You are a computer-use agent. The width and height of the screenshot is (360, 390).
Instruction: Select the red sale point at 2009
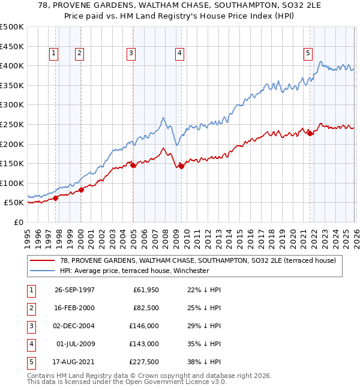click(x=180, y=166)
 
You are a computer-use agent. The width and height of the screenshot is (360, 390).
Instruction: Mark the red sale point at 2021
click(x=310, y=133)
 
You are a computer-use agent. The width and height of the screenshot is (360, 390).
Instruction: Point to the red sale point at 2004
click(x=133, y=165)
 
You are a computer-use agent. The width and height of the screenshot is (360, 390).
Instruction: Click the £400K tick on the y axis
click(x=12, y=65)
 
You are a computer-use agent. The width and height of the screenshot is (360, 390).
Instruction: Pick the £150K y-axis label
click(x=12, y=163)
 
